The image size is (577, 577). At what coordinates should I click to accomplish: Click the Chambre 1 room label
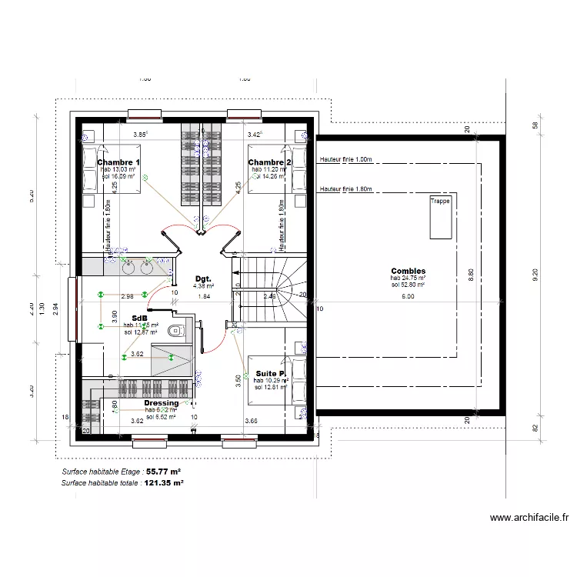click(118, 162)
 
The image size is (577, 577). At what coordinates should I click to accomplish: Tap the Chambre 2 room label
click(269, 162)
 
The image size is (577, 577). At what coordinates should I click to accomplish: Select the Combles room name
click(408, 271)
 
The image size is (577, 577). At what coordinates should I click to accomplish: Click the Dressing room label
click(162, 402)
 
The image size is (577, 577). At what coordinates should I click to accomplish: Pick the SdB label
click(140, 318)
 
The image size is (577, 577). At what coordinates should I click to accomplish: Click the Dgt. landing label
click(203, 278)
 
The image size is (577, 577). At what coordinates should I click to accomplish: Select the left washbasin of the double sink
click(128, 267)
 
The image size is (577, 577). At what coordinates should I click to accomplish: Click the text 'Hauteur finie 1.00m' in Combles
click(345, 160)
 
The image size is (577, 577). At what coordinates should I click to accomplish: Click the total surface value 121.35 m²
click(164, 483)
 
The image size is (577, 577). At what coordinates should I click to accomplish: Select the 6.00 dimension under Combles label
click(408, 296)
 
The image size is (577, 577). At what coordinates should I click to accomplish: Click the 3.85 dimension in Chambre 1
click(140, 135)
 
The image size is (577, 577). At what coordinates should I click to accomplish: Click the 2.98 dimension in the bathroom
click(128, 296)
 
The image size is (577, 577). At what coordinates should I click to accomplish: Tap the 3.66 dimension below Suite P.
click(252, 421)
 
